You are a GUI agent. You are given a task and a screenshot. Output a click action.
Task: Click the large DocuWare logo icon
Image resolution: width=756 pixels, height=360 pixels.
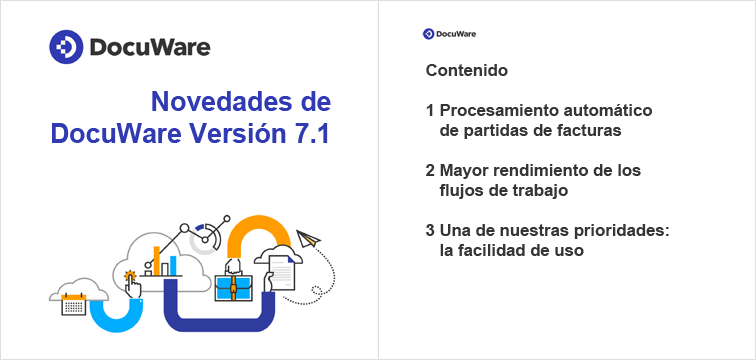tap(67, 47)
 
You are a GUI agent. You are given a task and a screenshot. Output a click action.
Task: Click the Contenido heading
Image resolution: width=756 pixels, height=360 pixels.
tap(466, 71)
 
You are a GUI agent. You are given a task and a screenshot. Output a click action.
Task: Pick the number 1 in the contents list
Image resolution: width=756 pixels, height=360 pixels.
tap(430, 110)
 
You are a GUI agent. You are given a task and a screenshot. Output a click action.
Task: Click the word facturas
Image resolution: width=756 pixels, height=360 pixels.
tap(589, 130)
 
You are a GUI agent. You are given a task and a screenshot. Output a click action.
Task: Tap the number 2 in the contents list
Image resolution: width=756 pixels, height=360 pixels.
tap(430, 171)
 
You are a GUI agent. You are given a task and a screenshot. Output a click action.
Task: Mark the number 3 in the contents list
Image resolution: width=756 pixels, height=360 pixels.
tap(430, 232)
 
